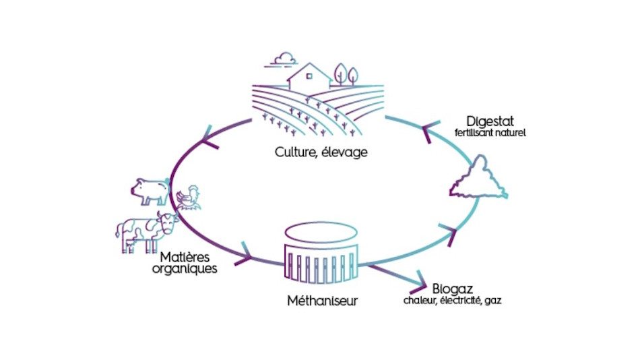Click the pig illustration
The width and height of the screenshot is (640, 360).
click(150, 191)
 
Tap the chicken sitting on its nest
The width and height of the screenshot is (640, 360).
click(188, 198)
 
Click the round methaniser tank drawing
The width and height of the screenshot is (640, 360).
click(321, 256)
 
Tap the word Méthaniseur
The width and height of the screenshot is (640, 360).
click(321, 301)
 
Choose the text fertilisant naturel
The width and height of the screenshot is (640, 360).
click(490, 133)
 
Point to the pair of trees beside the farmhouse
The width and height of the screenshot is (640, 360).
click(346, 75)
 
